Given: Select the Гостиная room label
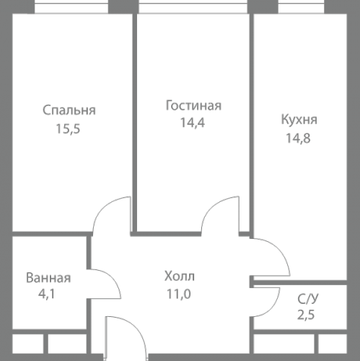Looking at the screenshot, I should (x=193, y=105).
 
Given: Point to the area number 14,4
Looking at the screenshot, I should (x=193, y=122).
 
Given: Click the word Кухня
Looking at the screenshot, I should (x=299, y=120).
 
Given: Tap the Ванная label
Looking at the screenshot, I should (x=48, y=278).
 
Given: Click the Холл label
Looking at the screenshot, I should (x=180, y=276).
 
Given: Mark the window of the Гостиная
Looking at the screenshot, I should (x=192, y=8).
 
